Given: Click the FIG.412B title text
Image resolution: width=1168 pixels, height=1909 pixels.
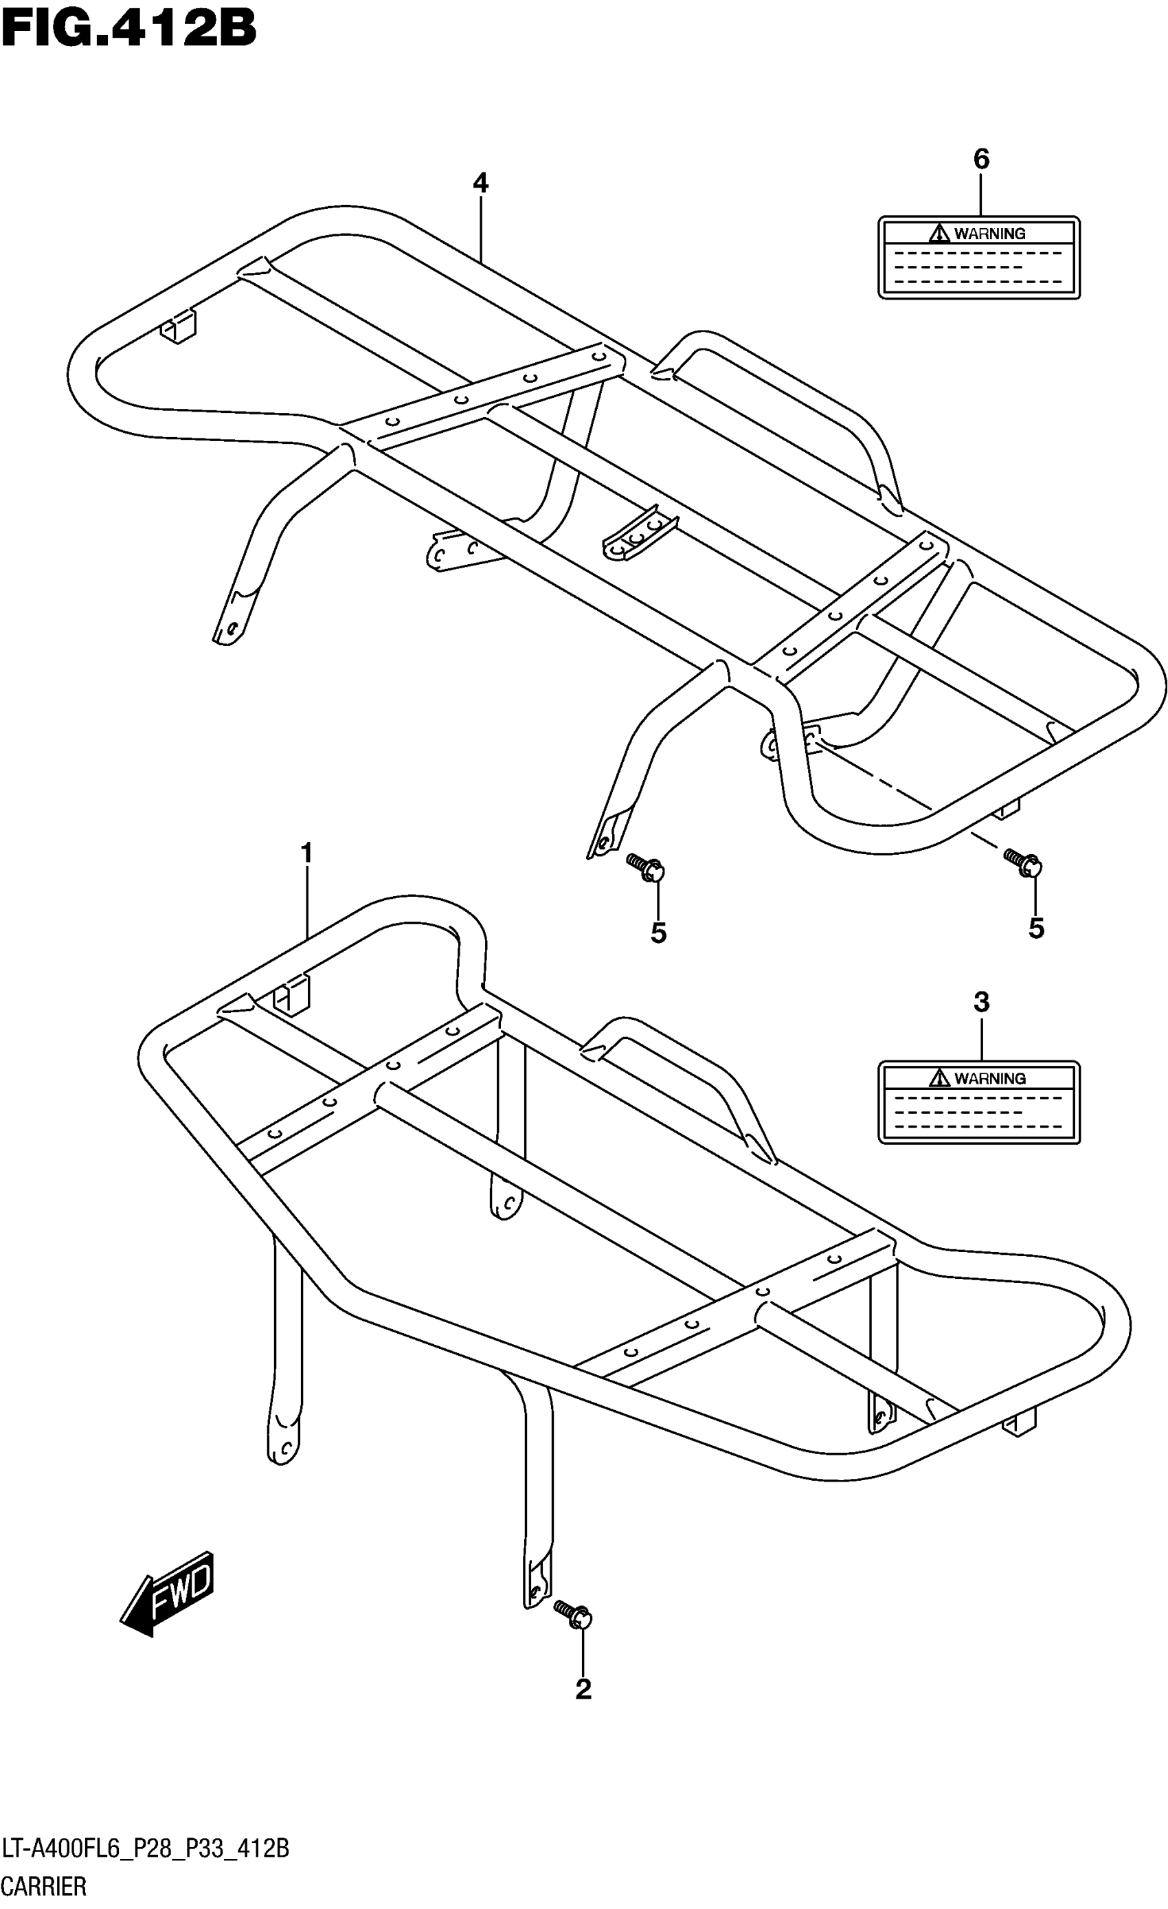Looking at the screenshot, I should [128, 30].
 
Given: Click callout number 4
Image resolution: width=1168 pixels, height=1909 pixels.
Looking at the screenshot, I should [480, 183].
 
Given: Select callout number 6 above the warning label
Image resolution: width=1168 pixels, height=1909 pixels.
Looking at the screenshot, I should [980, 159].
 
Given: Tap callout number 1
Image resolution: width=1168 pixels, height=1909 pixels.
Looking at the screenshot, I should [306, 853].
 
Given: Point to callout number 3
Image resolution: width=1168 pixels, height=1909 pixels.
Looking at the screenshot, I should [980, 1002].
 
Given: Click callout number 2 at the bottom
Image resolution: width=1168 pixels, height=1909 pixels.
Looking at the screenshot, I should [583, 1689].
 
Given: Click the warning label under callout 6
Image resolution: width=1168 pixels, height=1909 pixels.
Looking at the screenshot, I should [978, 257].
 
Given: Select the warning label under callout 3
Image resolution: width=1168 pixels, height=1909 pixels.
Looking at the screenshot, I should [978, 1102].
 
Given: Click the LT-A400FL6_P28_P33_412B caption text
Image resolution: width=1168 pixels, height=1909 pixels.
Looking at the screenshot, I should [146, 1849].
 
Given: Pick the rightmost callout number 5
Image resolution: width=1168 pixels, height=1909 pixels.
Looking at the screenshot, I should [1035, 928].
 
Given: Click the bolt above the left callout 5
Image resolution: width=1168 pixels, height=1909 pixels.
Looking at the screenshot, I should [646, 867].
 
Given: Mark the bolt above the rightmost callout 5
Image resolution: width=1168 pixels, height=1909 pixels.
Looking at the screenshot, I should [1023, 862].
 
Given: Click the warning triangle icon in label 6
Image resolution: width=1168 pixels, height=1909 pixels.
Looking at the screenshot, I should [939, 232].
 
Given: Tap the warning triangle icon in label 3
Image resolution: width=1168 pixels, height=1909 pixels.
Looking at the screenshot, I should [939, 1078].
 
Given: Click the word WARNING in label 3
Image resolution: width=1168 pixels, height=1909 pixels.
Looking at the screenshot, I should [990, 1078].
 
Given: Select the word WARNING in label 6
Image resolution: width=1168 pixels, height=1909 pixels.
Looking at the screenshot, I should [990, 233].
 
